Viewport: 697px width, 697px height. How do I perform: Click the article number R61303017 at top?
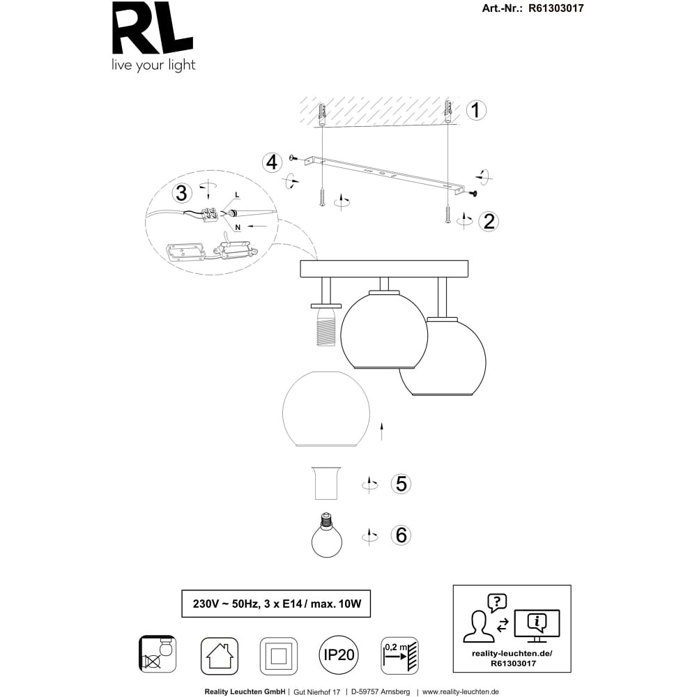[555, 9]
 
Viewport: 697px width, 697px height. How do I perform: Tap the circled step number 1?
[476, 110]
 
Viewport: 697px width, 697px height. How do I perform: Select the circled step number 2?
[488, 222]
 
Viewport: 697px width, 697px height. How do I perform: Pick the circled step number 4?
[273, 163]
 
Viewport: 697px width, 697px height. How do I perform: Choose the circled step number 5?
[401, 484]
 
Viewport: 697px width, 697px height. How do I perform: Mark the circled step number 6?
[401, 535]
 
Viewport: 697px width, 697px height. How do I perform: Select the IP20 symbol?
[338, 655]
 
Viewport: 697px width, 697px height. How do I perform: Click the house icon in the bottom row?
[219, 656]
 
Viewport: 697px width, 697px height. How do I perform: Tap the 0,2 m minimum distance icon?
[399, 655]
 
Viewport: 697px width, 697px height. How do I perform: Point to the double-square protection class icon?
[278, 656]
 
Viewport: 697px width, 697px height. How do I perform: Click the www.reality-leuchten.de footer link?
[461, 692]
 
